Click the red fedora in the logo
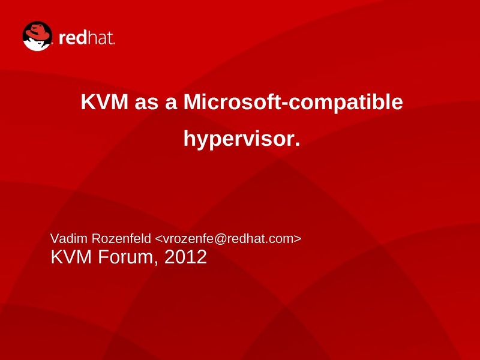[x=37, y=31]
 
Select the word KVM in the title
[x=104, y=101]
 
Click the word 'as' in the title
[x=146, y=103]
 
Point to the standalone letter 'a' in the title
[x=171, y=103]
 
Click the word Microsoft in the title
[x=232, y=101]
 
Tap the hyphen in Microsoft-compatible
[x=284, y=104]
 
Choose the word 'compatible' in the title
[x=346, y=103]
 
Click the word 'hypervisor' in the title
[x=239, y=140]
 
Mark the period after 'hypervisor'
[x=297, y=144]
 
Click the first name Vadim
[x=69, y=238]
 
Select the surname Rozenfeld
[x=121, y=238]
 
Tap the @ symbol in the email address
[x=220, y=239]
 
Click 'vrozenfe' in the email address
[x=188, y=238]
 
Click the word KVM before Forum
[x=71, y=257]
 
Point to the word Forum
[x=126, y=257]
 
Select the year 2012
[x=185, y=257]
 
